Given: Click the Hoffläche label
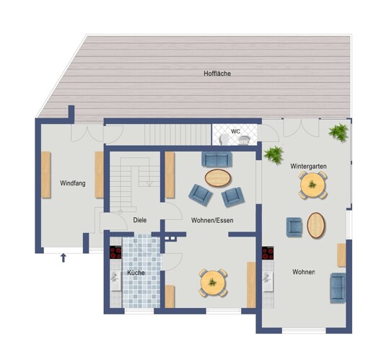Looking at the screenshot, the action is [217, 74].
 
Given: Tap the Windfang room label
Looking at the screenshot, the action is [73, 183].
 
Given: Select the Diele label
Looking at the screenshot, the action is [140, 220].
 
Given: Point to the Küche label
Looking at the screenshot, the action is [136, 273].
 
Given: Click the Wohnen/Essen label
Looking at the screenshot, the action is [212, 220].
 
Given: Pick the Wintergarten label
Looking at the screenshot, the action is [308, 167].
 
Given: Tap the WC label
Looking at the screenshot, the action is [235, 131].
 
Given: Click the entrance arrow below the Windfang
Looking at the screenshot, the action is [63, 258].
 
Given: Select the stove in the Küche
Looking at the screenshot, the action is [115, 253].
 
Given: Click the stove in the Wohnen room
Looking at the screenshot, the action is [268, 253].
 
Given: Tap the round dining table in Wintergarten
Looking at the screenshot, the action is [312, 185].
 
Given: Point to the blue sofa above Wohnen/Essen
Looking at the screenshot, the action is [216, 159].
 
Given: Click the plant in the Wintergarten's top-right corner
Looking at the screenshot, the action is [338, 133].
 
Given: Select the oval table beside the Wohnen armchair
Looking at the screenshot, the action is [316, 225].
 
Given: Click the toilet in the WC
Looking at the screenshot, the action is [224, 140].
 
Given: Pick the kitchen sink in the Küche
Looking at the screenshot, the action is [115, 281].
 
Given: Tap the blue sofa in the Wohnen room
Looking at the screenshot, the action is [338, 288].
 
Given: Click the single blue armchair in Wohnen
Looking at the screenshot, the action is [294, 227].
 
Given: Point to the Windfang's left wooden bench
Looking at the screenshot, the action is [46, 175].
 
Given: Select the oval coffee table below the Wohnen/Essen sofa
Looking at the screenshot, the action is [218, 177].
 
